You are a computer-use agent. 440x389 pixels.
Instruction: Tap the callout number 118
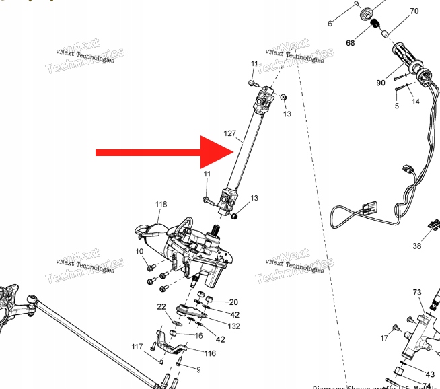pyautogui.click(x=161, y=205)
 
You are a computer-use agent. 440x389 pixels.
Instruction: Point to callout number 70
pyautogui.click(x=414, y=11)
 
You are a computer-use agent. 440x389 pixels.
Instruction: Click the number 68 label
pyautogui.click(x=350, y=43)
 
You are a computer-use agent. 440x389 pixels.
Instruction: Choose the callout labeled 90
pyautogui.click(x=381, y=83)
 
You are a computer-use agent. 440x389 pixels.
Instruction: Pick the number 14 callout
pyautogui.click(x=415, y=102)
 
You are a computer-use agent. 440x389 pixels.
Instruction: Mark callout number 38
pyautogui.click(x=417, y=246)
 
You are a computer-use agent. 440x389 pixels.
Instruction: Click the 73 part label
pyautogui.click(x=417, y=293)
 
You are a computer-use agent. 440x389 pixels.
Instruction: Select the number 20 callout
pyautogui.click(x=234, y=302)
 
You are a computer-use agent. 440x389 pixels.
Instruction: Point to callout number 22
pyautogui.click(x=161, y=307)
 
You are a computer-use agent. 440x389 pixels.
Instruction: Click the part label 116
pyautogui.click(x=210, y=353)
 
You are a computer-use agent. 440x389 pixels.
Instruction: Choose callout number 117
pyautogui.click(x=137, y=347)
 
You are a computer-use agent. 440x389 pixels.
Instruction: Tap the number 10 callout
pyautogui.click(x=139, y=252)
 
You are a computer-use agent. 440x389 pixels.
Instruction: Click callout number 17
pyautogui.click(x=384, y=338)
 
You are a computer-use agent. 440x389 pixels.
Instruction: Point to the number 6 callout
pyautogui.click(x=330, y=24)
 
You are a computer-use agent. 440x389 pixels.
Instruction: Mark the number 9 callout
pyautogui.click(x=198, y=369)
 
